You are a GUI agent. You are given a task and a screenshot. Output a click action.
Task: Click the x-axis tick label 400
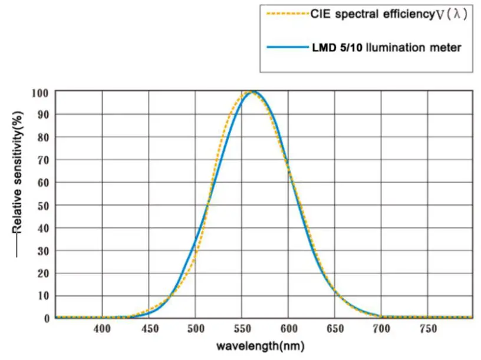102,328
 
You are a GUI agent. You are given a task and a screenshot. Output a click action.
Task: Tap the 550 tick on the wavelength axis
242,328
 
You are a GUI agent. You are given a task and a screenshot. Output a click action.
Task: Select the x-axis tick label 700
381,328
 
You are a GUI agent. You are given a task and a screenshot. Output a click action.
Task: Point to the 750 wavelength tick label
427,328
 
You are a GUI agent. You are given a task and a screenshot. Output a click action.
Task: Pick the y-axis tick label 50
42,206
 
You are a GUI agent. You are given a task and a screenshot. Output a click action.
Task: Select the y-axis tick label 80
42,138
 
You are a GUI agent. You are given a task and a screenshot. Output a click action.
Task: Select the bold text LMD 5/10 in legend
338,47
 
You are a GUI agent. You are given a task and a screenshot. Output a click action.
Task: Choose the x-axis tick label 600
288,328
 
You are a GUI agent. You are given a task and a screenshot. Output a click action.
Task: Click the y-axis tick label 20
42,273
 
